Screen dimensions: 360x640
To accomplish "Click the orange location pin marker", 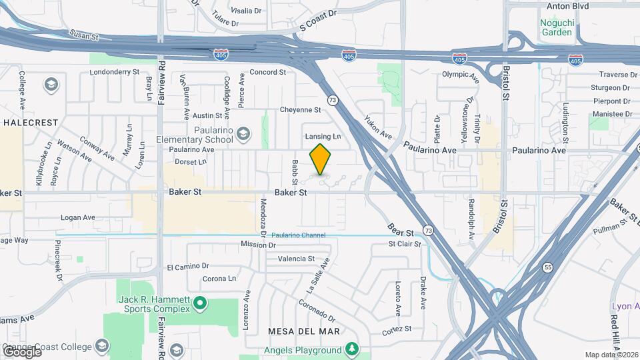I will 321,159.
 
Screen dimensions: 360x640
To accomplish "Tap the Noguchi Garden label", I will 556,27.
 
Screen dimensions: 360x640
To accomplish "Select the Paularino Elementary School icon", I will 244,135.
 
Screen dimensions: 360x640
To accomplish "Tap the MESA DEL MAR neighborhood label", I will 303,331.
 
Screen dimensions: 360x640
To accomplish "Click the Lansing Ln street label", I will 323,137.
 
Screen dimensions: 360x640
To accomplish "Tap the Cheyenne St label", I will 300,110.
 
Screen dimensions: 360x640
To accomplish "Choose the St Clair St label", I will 405,244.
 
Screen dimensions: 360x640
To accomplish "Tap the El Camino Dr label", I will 188,267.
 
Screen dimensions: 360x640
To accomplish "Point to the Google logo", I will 22,351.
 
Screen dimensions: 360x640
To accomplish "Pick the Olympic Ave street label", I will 461,76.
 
